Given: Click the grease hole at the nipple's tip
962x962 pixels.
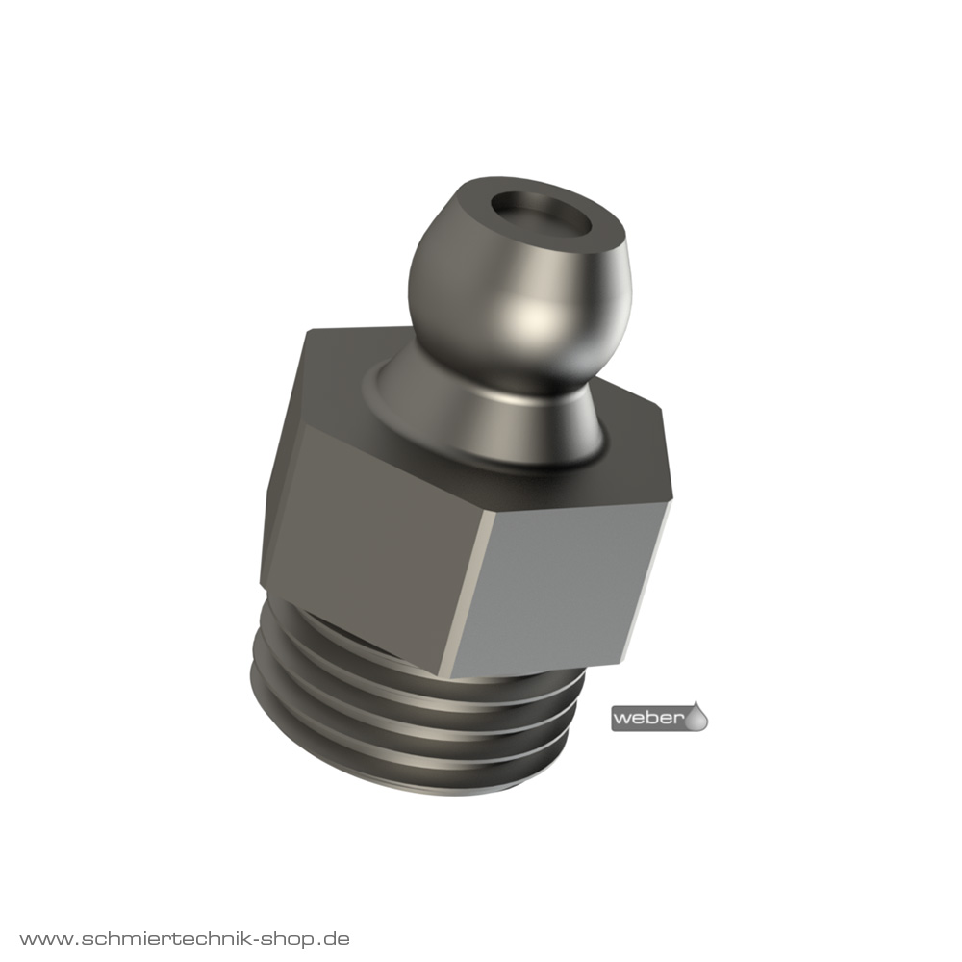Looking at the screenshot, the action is (x=545, y=215).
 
